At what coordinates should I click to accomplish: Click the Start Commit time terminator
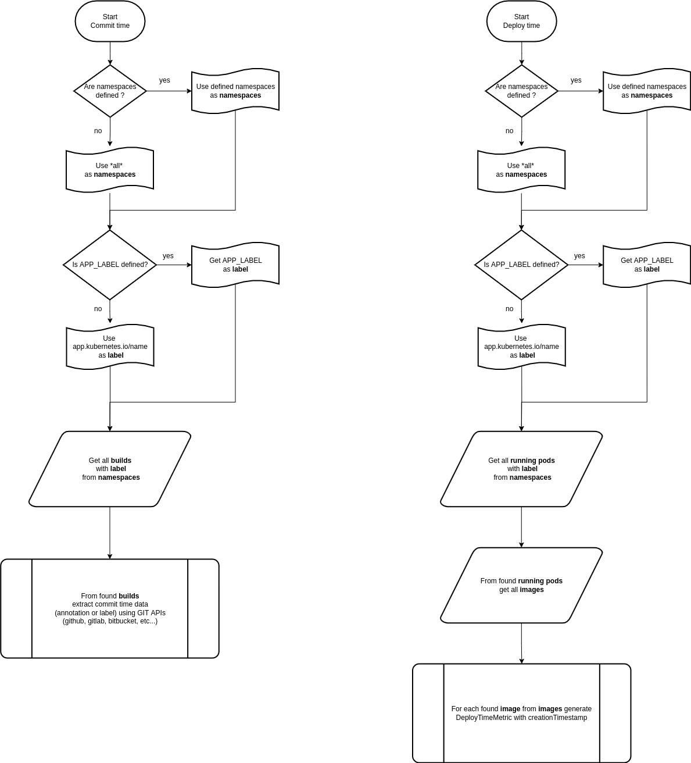click(x=110, y=22)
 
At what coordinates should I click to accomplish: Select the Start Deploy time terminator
click(x=521, y=22)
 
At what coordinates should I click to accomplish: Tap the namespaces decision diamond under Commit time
click(x=110, y=91)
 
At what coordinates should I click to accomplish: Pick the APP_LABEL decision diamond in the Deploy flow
click(x=521, y=265)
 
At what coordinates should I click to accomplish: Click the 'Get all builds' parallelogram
click(x=110, y=469)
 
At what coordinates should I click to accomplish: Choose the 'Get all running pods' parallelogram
click(x=521, y=469)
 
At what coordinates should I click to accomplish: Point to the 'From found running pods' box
click(x=521, y=585)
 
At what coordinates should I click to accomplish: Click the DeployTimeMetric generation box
click(x=521, y=713)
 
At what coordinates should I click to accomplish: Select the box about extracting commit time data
click(x=110, y=608)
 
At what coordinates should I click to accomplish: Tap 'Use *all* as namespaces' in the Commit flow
click(x=110, y=170)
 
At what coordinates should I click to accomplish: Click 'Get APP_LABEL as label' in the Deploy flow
click(x=647, y=265)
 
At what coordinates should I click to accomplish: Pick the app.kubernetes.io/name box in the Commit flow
click(x=110, y=347)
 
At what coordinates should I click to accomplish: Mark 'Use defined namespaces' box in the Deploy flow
click(x=647, y=91)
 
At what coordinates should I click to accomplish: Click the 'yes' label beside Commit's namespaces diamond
click(x=164, y=80)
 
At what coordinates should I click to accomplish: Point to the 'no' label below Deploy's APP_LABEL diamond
click(x=510, y=309)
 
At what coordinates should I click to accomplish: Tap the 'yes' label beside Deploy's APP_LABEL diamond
click(x=579, y=256)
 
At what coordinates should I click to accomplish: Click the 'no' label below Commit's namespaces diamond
click(x=98, y=131)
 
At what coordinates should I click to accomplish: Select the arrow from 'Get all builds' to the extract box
click(x=110, y=533)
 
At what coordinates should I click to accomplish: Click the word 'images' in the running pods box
click(x=532, y=590)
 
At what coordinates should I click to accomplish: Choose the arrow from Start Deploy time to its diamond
click(x=521, y=53)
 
